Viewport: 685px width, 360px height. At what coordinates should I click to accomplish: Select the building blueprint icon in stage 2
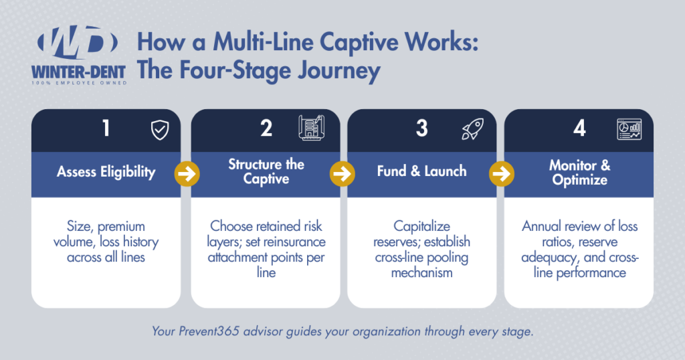point(312,128)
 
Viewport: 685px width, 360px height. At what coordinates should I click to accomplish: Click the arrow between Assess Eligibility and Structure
point(186,174)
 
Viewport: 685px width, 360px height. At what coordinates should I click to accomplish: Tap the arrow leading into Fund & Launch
point(342,174)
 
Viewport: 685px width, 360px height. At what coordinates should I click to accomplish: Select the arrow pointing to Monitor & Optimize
point(499,174)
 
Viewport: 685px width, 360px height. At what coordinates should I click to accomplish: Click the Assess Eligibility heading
point(106,172)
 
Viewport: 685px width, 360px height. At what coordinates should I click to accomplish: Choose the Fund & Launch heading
point(421,172)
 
